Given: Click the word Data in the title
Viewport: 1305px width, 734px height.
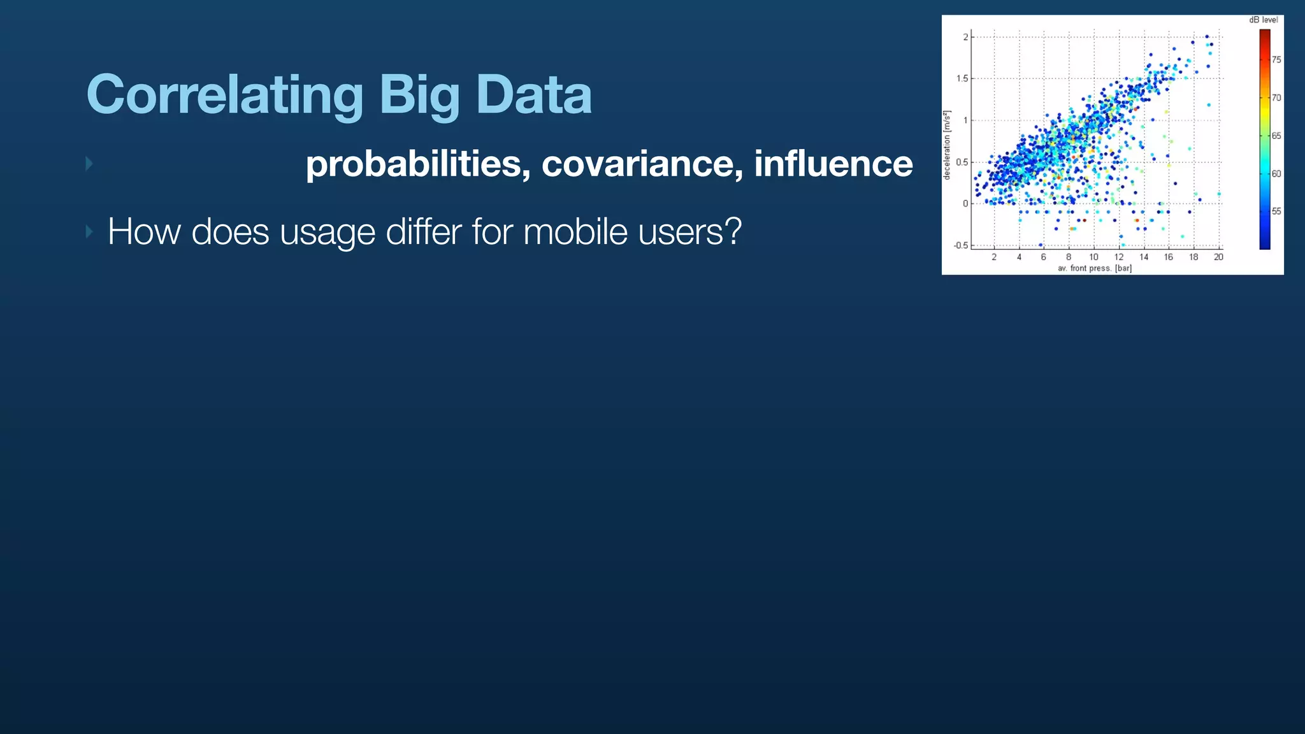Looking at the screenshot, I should pos(533,95).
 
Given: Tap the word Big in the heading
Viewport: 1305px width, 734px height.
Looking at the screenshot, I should pos(419,95).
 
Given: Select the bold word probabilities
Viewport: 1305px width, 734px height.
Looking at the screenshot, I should pos(417,164).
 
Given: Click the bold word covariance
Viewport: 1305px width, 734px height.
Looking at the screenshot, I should pos(642,164).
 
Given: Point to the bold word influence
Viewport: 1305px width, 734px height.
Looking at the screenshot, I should pos(833,164).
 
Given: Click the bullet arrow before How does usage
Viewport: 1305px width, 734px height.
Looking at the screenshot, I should pos(89,231).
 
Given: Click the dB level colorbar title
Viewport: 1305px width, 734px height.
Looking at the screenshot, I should pos(1263,20).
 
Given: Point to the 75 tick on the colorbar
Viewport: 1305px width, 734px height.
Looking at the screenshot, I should pos(1276,60).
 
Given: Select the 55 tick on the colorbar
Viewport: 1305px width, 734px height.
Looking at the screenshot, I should pos(1276,212).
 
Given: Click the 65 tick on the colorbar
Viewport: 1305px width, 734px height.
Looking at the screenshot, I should pos(1276,136).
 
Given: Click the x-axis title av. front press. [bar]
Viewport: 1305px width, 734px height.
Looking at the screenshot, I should pos(1095,268).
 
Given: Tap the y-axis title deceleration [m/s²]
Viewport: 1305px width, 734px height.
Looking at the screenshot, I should pos(948,145).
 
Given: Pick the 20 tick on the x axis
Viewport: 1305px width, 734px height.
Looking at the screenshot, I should pos(1218,257).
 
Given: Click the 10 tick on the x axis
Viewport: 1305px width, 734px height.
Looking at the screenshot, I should pos(1093,257).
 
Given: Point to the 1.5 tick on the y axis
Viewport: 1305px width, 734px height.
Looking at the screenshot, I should pos(962,79).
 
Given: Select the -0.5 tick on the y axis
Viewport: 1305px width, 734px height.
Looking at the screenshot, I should pos(960,245).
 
